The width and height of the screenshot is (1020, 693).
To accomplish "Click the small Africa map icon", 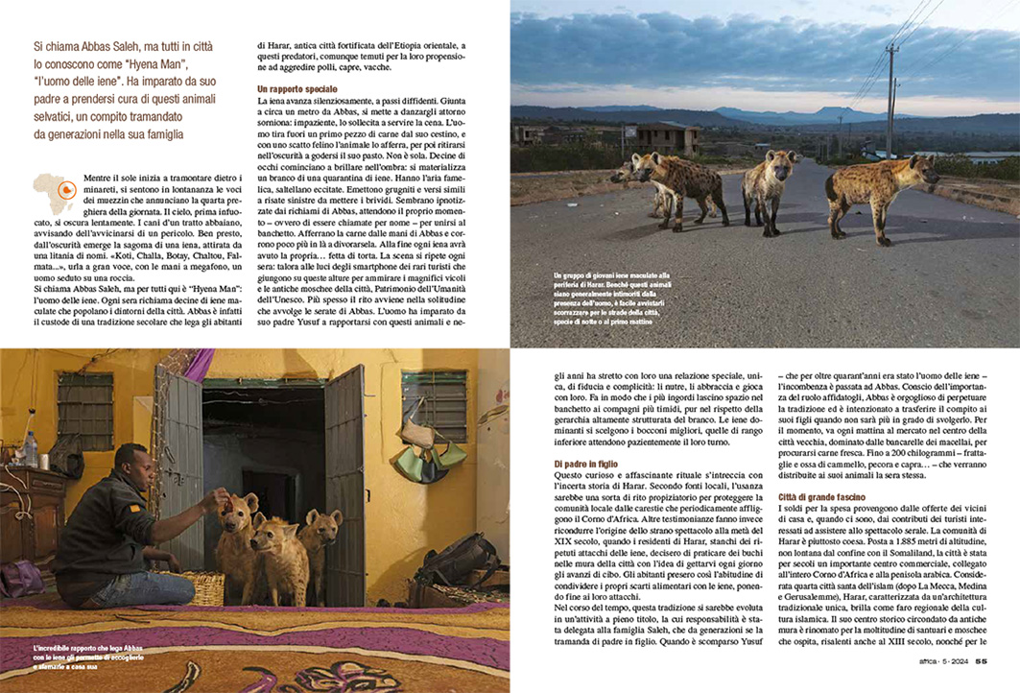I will (55, 191).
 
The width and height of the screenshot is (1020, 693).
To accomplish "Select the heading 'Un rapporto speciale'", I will (297, 89).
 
